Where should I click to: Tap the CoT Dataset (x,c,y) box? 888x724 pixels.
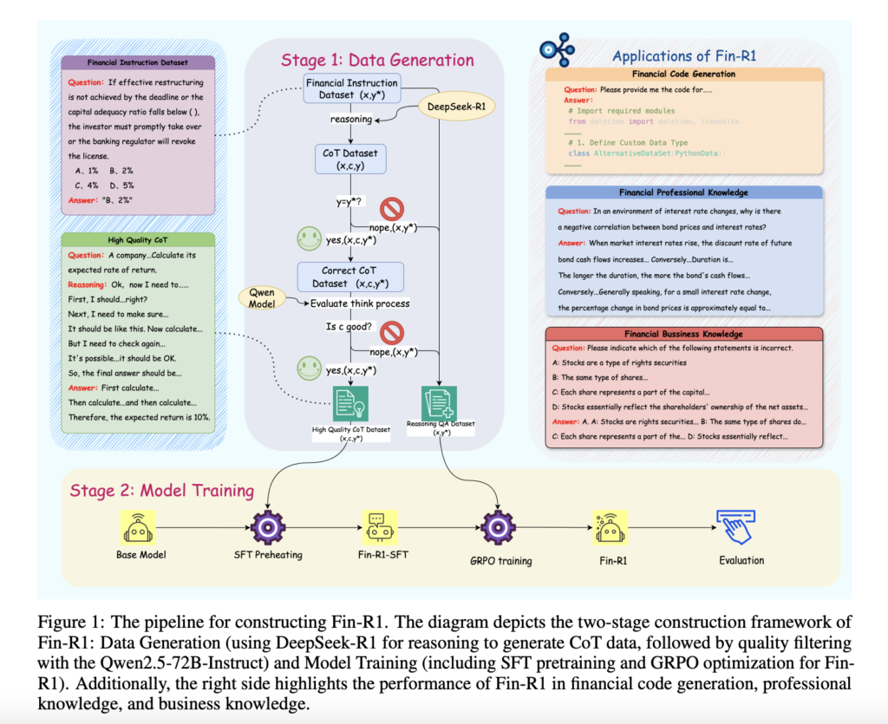pyautogui.click(x=349, y=158)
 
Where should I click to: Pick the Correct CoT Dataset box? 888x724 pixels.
pyautogui.click(x=349, y=276)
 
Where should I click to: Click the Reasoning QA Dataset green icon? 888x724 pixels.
pyautogui.click(x=439, y=404)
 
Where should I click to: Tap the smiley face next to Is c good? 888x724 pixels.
pyautogui.click(x=308, y=366)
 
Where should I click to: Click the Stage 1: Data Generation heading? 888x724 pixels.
pyautogui.click(x=377, y=60)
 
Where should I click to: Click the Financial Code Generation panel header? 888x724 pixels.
pyautogui.click(x=684, y=75)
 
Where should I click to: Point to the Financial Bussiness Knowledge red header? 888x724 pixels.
pyautogui.click(x=684, y=334)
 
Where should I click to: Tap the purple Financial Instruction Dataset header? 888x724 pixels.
pyautogui.click(x=137, y=62)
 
